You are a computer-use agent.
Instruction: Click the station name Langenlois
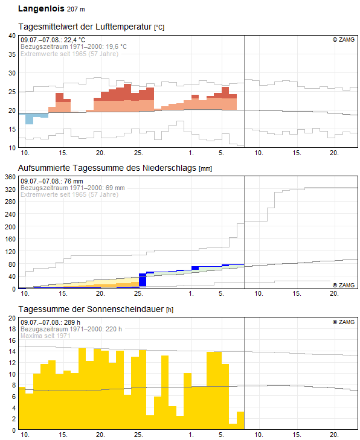pyautogui.click(x=41, y=8)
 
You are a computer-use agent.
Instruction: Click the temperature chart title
pyautogui.click(x=91, y=27)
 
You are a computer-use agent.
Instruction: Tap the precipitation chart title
pyautogui.click(x=115, y=168)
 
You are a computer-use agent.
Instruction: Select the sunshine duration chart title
pyautogui.click(x=96, y=309)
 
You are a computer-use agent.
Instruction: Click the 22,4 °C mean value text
pyautogui.click(x=74, y=40)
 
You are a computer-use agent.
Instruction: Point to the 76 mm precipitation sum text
pyautogui.click(x=74, y=181)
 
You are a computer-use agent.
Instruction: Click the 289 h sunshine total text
pyautogui.click(x=72, y=322)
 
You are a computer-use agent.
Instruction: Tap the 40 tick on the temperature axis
pyautogui.click(x=12, y=36)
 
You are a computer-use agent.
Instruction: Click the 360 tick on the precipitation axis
pyautogui.click(x=10, y=177)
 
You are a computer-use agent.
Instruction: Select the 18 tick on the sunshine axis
pyautogui.click(x=12, y=329)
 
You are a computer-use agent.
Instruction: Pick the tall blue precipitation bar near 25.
pyautogui.click(x=143, y=280)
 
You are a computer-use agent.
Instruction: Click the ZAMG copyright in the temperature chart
pyautogui.click(x=344, y=40)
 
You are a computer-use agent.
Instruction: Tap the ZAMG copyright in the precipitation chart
pyautogui.click(x=344, y=285)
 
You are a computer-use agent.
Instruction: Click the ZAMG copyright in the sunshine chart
pyautogui.click(x=344, y=322)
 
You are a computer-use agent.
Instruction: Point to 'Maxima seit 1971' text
pyautogui.click(x=45, y=336)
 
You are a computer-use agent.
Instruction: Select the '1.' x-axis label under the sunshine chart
pyautogui.click(x=191, y=435)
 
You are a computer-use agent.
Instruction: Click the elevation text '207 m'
pyautogui.click(x=76, y=9)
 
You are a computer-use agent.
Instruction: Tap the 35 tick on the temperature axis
pyautogui.click(x=12, y=54)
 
